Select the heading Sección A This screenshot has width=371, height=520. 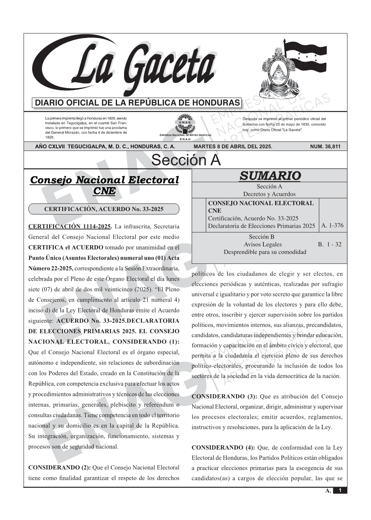186,160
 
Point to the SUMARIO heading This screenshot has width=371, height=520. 270,176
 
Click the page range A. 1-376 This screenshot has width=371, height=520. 332,226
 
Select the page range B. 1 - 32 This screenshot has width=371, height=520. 329,244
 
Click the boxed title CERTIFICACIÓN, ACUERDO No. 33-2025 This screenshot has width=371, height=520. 104,209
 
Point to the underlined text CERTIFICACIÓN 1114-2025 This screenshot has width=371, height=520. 70,226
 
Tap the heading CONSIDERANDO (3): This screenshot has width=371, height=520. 223,397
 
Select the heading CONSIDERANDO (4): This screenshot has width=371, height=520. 223,448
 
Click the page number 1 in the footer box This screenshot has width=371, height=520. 340,491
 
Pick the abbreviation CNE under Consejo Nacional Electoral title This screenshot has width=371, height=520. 104,191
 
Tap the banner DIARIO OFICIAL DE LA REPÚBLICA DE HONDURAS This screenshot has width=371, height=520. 137,103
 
